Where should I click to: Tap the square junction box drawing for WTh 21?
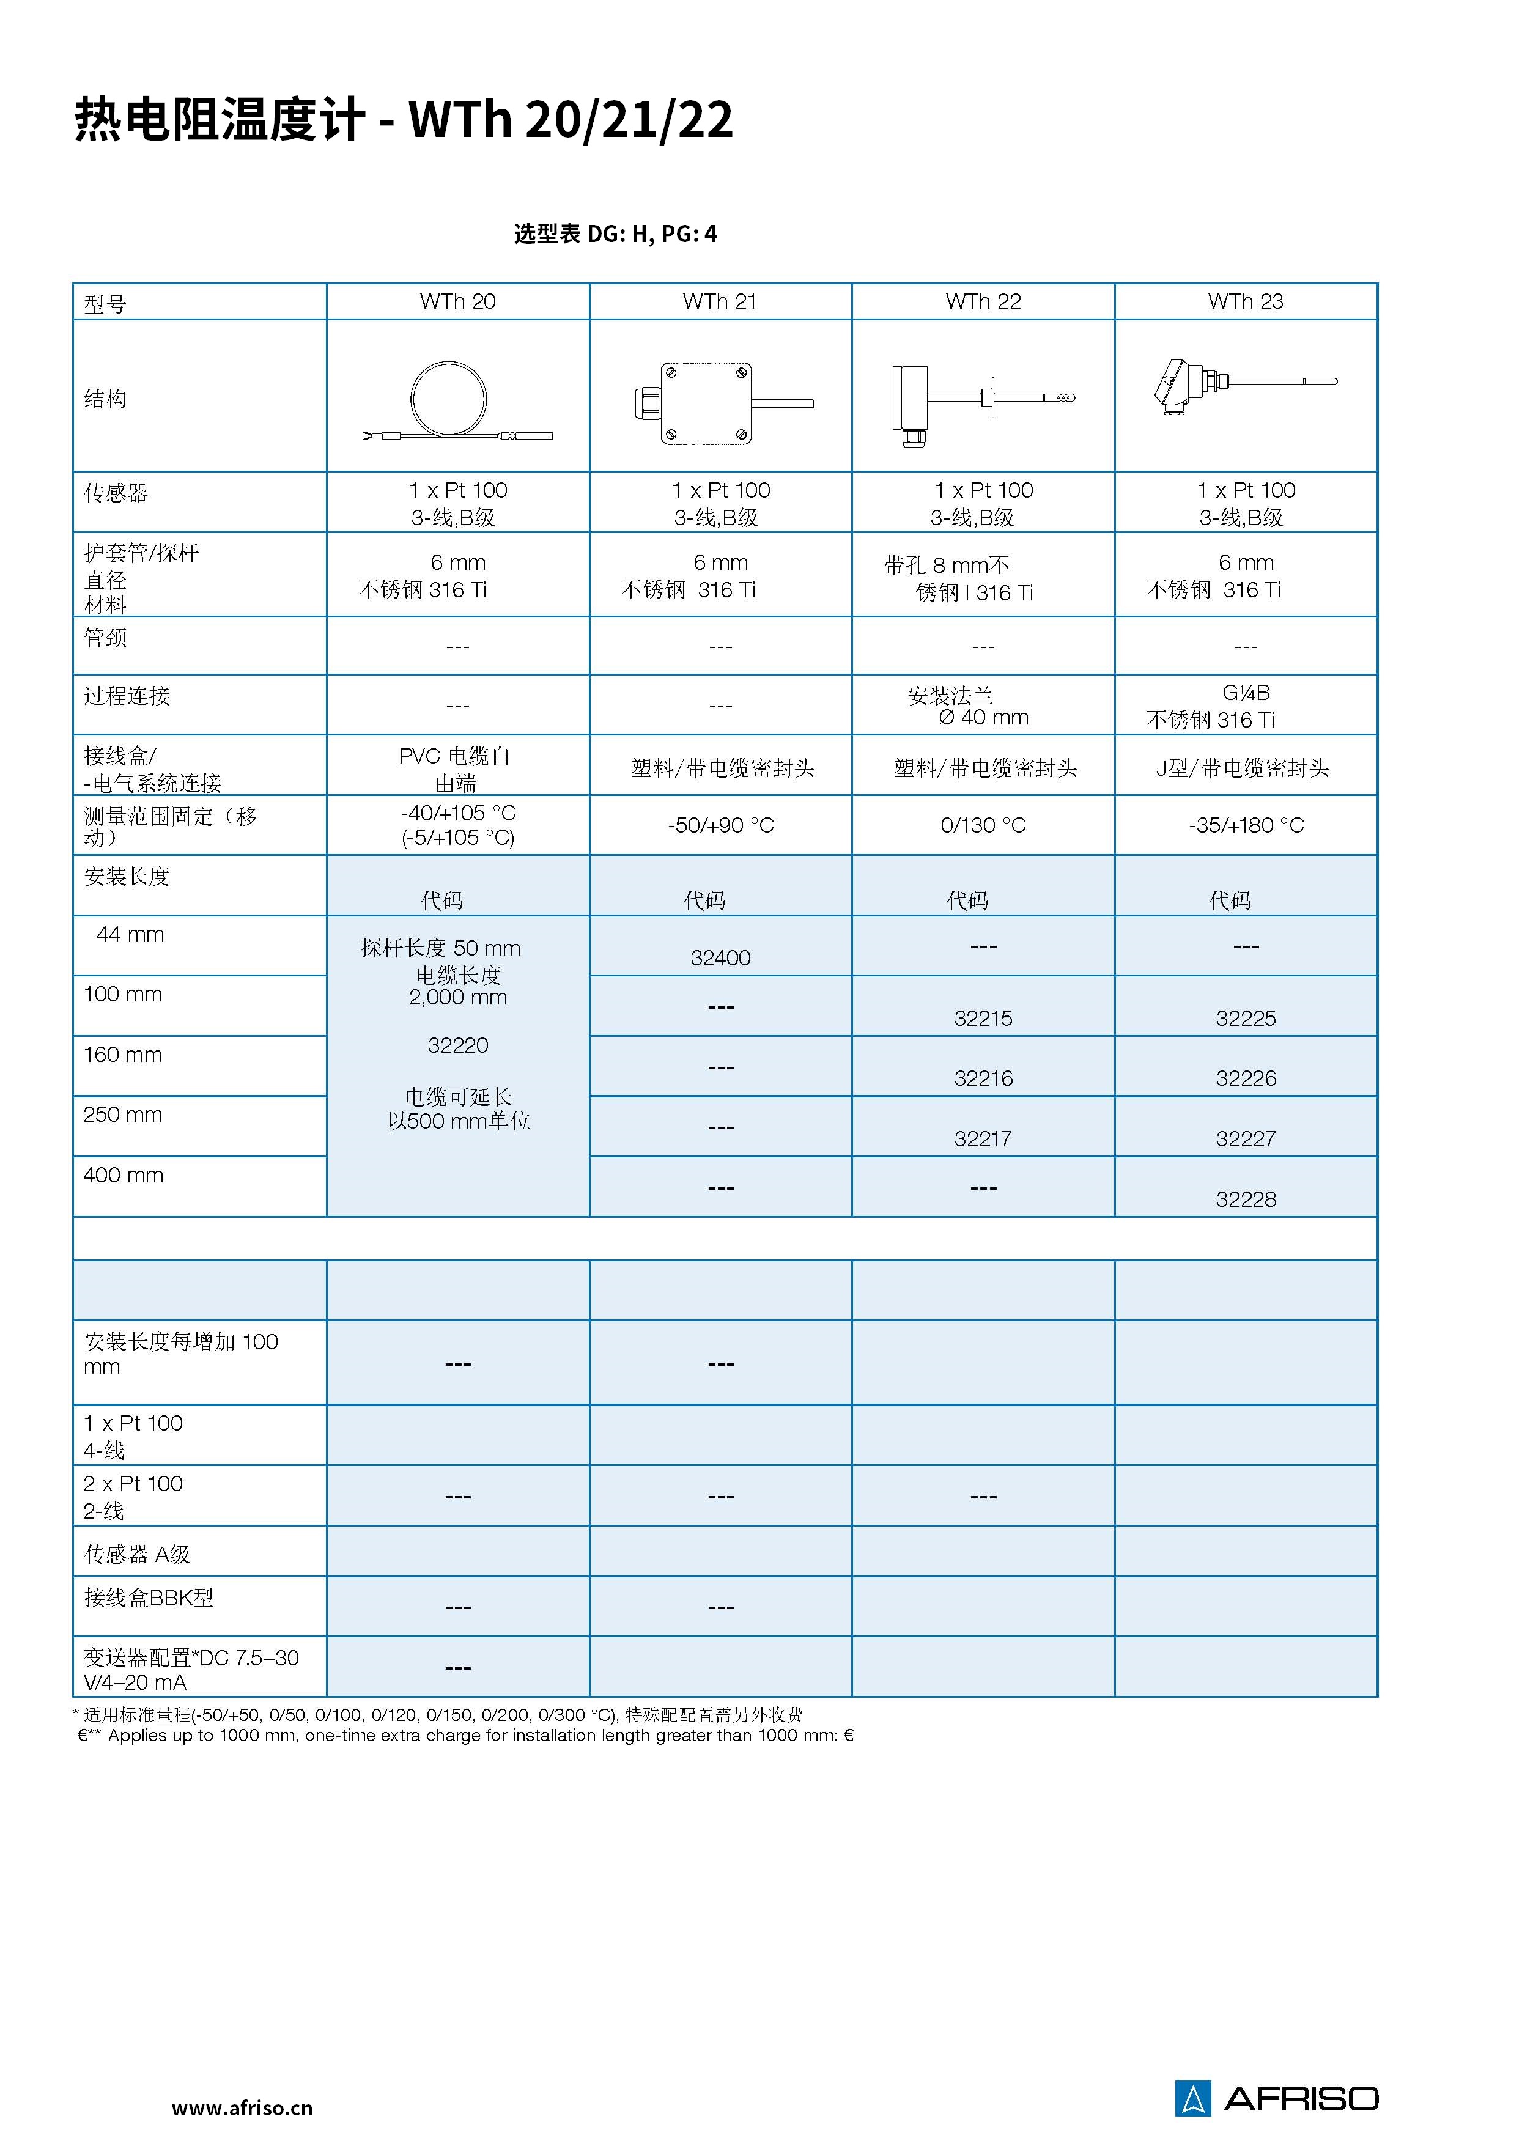705,403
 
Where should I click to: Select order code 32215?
982,1018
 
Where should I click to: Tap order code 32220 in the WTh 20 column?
457,1045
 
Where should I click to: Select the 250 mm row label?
123,1115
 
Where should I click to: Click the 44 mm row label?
130,935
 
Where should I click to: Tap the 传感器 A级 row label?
137,1555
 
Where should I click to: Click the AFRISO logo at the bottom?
1276,2098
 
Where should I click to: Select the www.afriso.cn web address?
242,2108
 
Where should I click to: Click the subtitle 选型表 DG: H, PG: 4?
615,234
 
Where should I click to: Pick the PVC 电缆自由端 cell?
456,768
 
